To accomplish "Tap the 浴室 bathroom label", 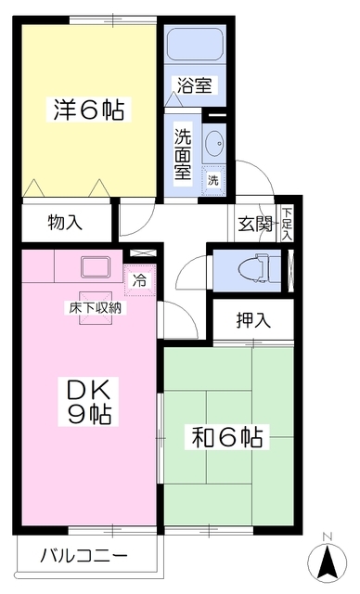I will (195, 86).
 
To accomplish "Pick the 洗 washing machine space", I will (213, 178).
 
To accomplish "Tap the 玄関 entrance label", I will (254, 223).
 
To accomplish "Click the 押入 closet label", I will (253, 321).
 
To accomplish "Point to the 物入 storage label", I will (65, 223).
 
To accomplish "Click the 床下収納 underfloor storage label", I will (92, 306).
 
